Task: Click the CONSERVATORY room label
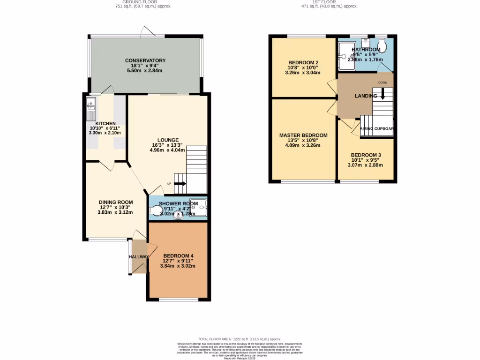145,60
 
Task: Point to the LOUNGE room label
167,140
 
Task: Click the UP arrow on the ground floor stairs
180,184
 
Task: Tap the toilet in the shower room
156,210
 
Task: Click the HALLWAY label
139,256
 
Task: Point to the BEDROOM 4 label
178,256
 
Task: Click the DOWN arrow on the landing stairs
382,94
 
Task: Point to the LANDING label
366,96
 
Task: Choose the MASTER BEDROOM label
300,135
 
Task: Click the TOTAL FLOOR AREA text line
239,339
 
